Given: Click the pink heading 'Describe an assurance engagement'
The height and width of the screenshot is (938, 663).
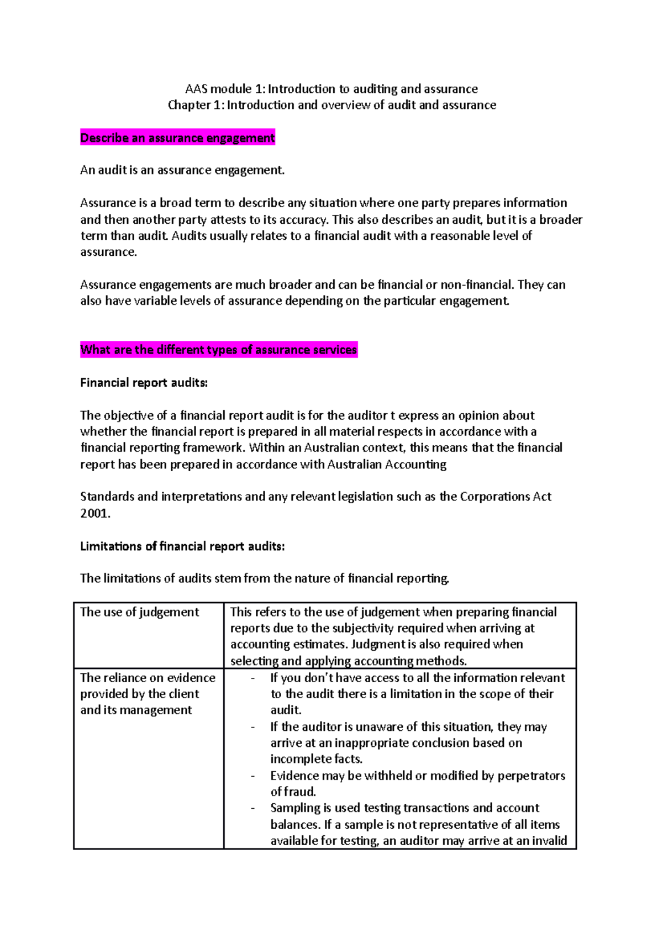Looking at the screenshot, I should click(177, 138).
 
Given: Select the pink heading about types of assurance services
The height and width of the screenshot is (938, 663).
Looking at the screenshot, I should click(219, 350).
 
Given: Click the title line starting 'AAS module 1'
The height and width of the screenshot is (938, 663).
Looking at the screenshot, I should click(331, 89).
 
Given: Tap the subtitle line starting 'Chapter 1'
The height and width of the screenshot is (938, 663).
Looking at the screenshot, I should click(331, 105).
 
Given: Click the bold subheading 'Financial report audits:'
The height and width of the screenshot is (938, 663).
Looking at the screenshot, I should click(144, 383).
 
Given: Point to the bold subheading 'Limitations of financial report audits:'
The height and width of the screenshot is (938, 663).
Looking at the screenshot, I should click(182, 546).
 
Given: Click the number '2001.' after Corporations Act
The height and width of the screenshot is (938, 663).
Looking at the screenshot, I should click(95, 513).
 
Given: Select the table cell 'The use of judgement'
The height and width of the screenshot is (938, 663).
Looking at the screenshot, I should click(139, 612).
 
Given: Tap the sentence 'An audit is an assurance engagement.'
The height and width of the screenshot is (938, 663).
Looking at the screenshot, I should click(182, 170).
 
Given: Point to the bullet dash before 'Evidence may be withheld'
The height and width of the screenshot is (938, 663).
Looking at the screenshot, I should click(253, 776).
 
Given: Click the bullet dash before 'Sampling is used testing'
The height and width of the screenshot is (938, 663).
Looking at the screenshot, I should click(253, 808).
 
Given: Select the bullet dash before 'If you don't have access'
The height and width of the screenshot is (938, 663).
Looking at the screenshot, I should click(253, 678).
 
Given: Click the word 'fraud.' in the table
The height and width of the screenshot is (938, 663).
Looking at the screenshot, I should click(300, 792).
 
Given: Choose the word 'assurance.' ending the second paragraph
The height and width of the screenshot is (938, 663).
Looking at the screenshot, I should click(108, 252).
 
